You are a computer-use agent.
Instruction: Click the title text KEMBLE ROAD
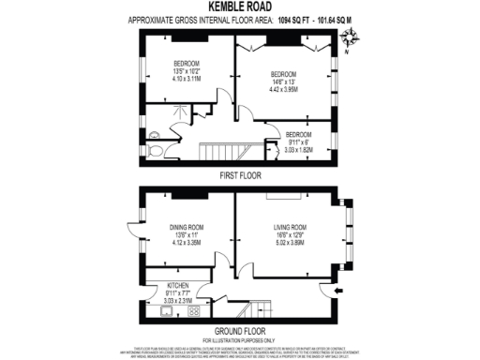(x=239, y=6)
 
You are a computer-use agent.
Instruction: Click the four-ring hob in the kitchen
(x=194, y=309)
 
